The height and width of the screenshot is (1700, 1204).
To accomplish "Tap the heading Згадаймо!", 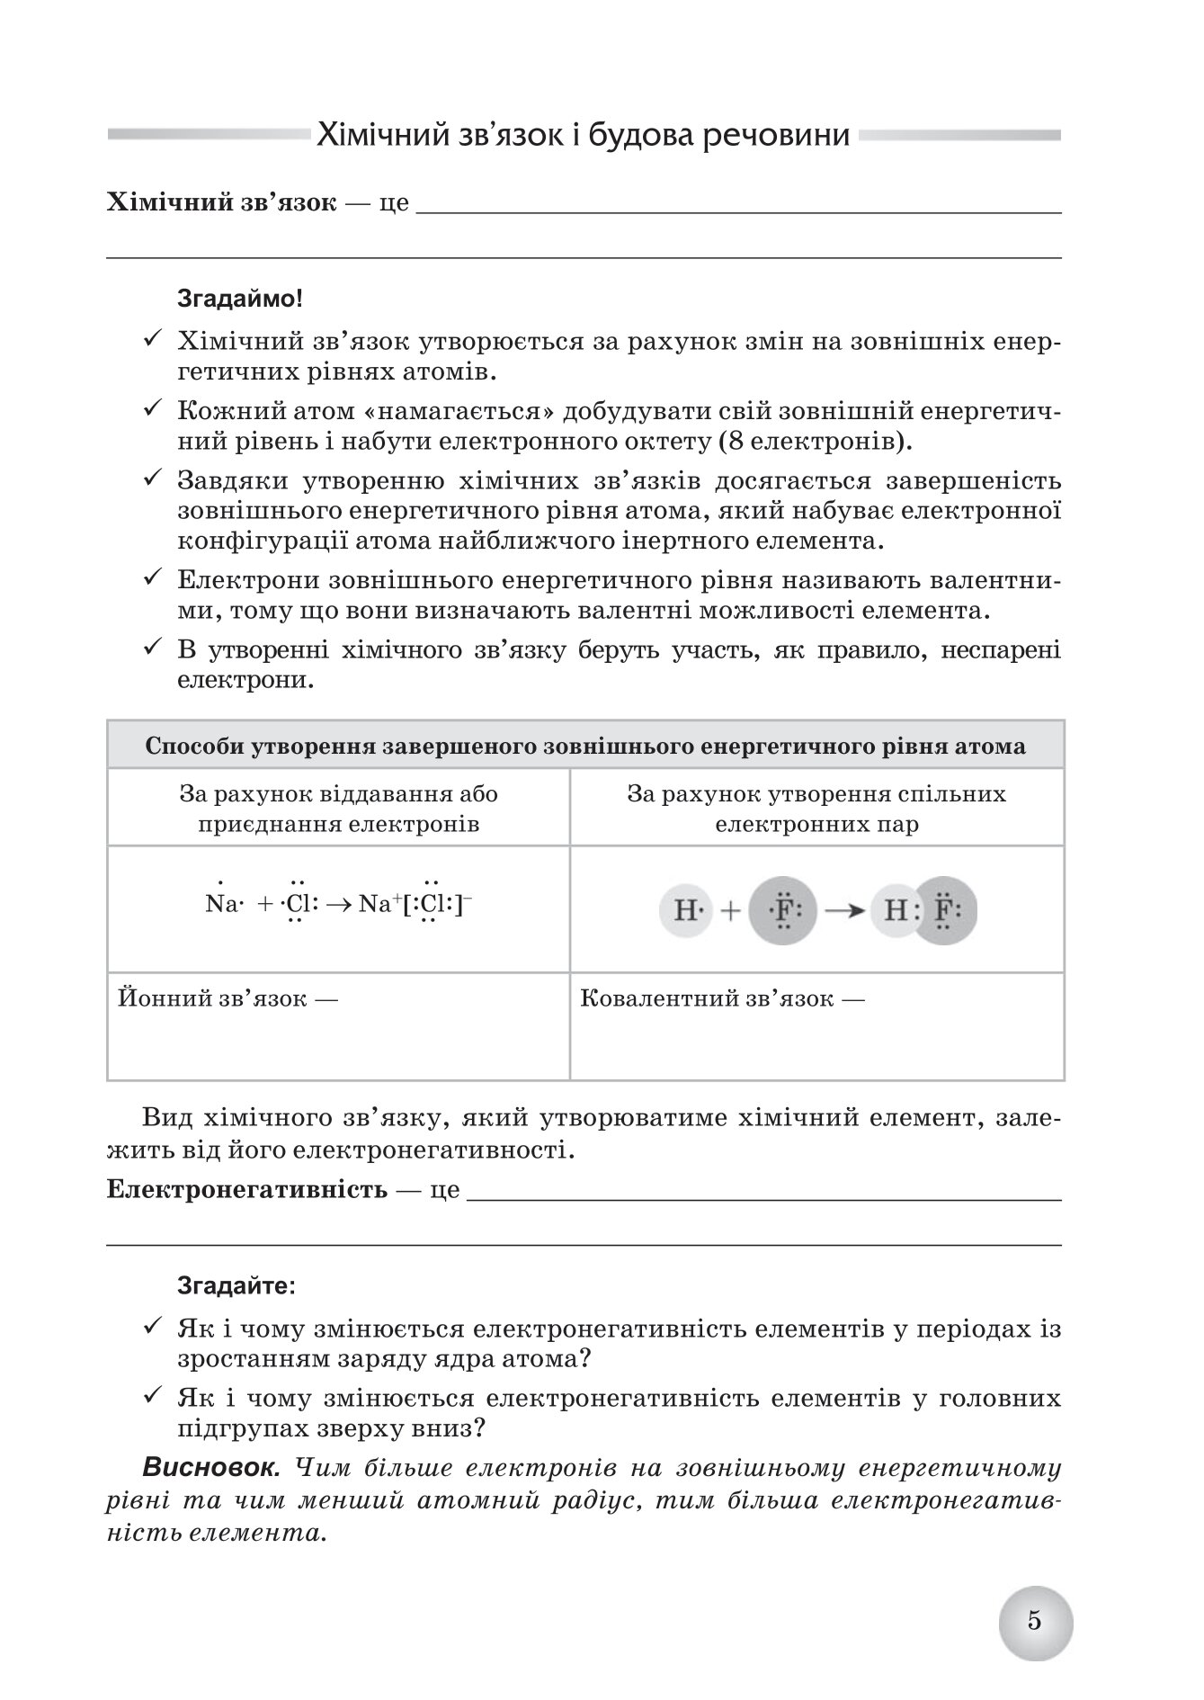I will pos(240,299).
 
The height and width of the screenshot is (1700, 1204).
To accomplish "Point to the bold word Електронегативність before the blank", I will pos(246,1189).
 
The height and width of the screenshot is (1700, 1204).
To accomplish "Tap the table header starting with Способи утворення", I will pos(584,747).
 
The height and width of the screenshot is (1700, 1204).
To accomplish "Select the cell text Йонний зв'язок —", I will pos(227,998).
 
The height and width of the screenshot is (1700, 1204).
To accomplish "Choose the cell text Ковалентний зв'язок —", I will pos(722,998).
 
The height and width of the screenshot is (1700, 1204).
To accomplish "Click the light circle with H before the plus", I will pos(687,911).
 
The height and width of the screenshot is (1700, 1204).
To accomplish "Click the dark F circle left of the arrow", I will pos(781,910).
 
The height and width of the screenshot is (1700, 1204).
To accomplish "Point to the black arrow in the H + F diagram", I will pos(843,911).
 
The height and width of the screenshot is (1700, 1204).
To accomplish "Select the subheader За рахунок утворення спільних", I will pos(816,795).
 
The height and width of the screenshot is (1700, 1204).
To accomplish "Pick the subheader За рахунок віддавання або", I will pos(338,795).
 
